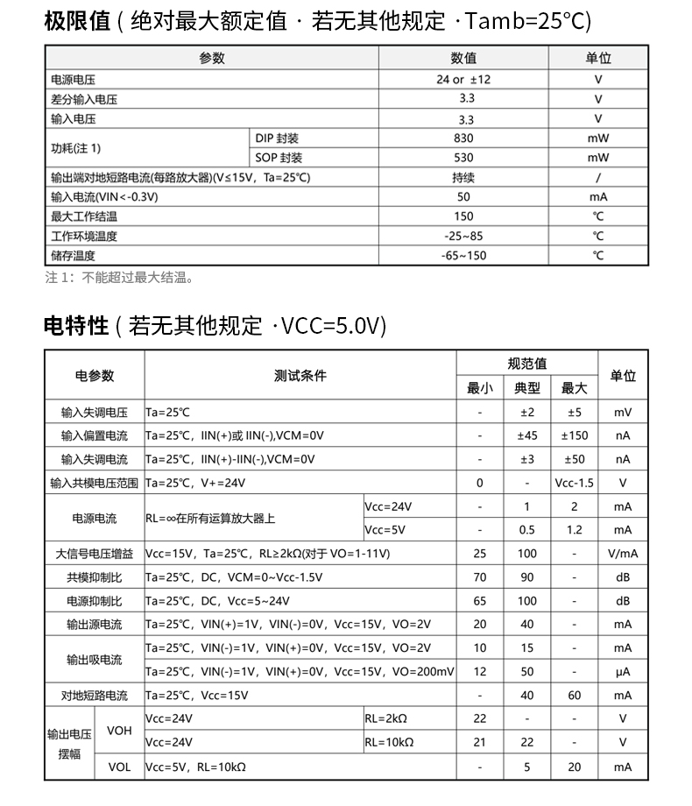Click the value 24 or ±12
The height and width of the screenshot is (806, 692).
point(463,79)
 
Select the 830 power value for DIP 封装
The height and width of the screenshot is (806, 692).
point(463,138)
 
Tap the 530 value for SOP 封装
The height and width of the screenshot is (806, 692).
point(463,158)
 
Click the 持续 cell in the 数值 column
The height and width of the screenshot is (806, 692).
point(463,177)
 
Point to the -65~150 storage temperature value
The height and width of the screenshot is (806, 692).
point(463,256)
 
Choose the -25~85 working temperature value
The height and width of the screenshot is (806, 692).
point(463,236)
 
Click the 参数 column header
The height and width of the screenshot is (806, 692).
point(212,58)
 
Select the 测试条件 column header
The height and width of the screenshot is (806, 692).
point(300,375)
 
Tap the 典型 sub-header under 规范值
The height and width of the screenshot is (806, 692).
point(526,388)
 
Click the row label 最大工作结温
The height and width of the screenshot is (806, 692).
point(84,216)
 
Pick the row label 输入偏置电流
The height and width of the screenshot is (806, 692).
point(94,435)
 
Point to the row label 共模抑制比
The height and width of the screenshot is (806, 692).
point(94,577)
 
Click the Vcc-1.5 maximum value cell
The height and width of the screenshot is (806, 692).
point(574,483)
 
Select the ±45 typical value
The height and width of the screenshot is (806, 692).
point(526,435)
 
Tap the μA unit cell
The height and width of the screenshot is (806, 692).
point(622,672)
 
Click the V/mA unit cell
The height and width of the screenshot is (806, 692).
point(622,554)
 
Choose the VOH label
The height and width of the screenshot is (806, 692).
point(119,730)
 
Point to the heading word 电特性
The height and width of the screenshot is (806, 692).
point(76,326)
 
